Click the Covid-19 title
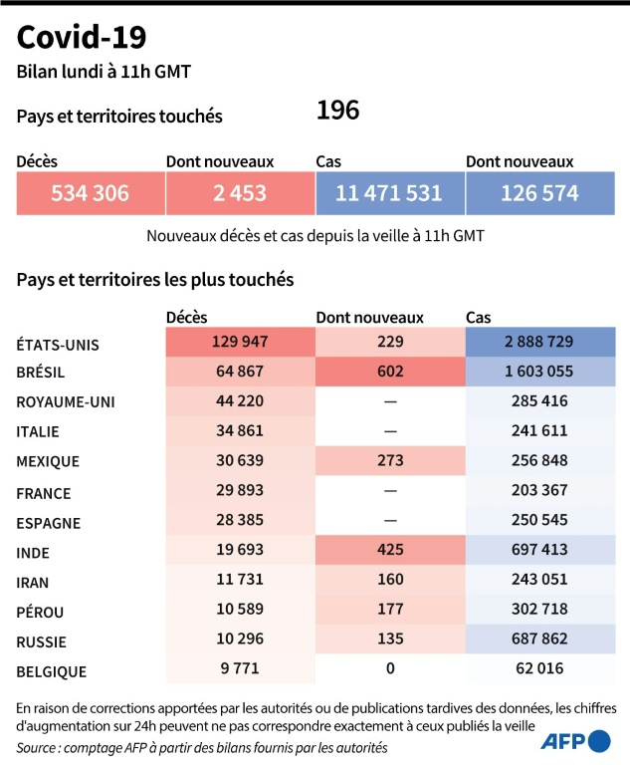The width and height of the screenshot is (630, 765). (x=82, y=37)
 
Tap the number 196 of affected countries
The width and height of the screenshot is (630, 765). (x=337, y=111)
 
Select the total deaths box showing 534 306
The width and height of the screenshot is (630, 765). (x=91, y=193)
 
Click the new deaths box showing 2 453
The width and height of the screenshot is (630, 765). (x=240, y=193)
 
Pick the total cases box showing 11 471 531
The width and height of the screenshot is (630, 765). (x=389, y=193)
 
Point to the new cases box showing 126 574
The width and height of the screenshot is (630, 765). (x=539, y=193)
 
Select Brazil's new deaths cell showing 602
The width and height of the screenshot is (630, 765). (x=390, y=371)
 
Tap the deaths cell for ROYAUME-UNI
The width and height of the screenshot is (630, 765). (x=240, y=401)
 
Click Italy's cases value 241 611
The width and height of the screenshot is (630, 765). (x=539, y=431)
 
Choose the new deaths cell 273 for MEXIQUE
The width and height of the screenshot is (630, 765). (x=390, y=461)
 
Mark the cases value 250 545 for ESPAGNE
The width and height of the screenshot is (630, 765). (x=539, y=521)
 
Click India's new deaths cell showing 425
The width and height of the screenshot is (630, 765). (x=390, y=551)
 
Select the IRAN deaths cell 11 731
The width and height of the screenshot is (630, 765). (x=240, y=581)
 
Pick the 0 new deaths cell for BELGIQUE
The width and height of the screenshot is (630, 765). (x=390, y=670)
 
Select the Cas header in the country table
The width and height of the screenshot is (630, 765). (x=478, y=318)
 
